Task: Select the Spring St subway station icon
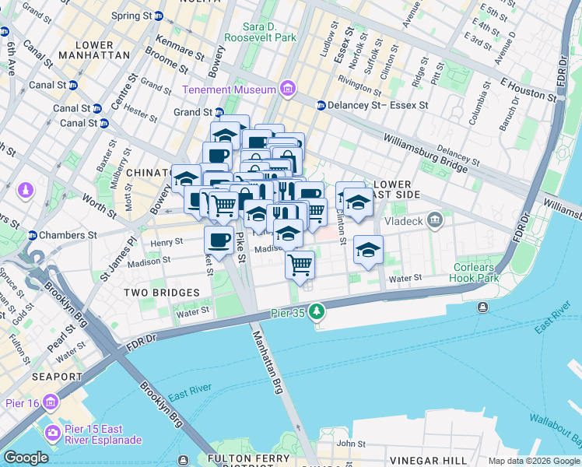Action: coord(158,16)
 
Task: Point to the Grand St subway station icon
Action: coord(219,112)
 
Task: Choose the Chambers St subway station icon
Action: coord(33,235)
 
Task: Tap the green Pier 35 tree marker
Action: coord(316,312)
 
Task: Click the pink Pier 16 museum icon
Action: coord(51,402)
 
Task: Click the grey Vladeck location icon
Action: coord(435,219)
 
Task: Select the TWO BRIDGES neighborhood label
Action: coord(156,292)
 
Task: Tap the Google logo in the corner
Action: coord(25,458)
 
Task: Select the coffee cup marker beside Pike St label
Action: coord(219,240)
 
